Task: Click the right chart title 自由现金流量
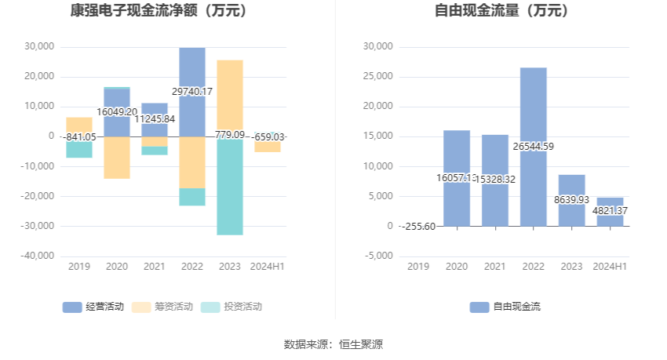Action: tap(501, 11)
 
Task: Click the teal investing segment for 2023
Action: tap(230, 188)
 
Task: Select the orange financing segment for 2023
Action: tap(230, 98)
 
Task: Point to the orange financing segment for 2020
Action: tap(117, 157)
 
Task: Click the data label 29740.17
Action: tap(186, 92)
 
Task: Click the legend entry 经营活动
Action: tap(93, 307)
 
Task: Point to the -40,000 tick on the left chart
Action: tap(38, 256)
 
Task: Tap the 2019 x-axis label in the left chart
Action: tap(79, 267)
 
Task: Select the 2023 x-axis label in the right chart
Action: tap(571, 267)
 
